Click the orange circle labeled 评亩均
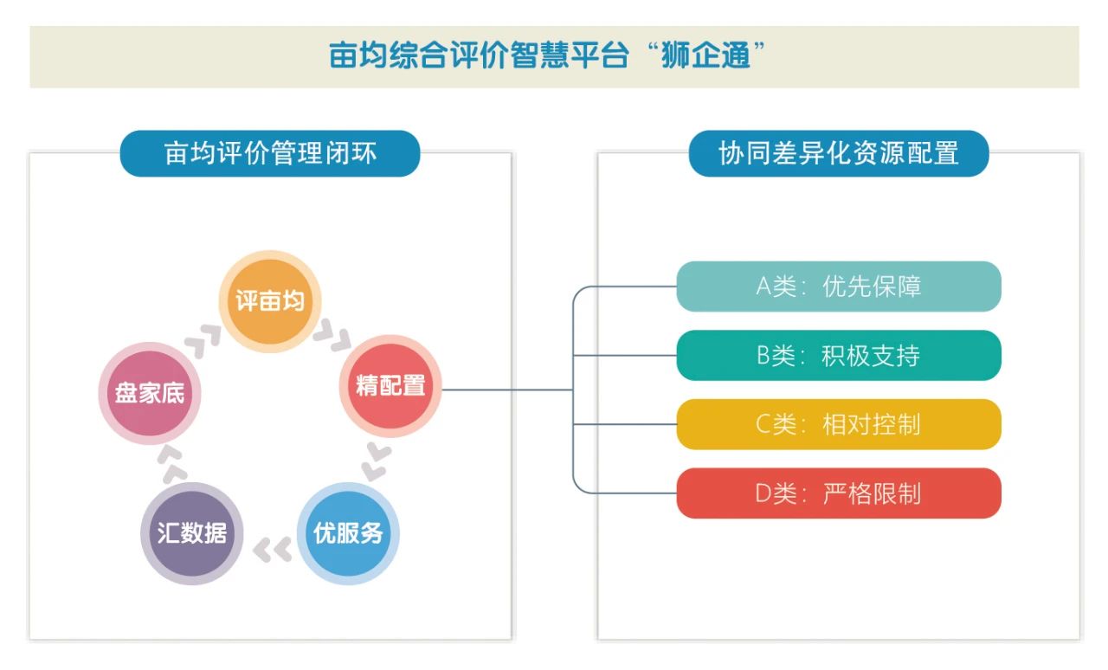[x=270, y=301]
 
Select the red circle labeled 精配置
[x=390, y=386]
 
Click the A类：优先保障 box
[x=838, y=287]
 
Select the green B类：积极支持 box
[x=838, y=355]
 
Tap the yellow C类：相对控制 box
[x=838, y=424]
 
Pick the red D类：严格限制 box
[x=838, y=493]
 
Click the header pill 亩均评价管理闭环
[x=270, y=154]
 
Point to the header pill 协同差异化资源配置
[x=838, y=154]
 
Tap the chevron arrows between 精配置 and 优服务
[x=376, y=461]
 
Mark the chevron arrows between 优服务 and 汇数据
[x=272, y=549]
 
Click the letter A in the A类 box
[x=763, y=287]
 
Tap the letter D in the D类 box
[x=763, y=493]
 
